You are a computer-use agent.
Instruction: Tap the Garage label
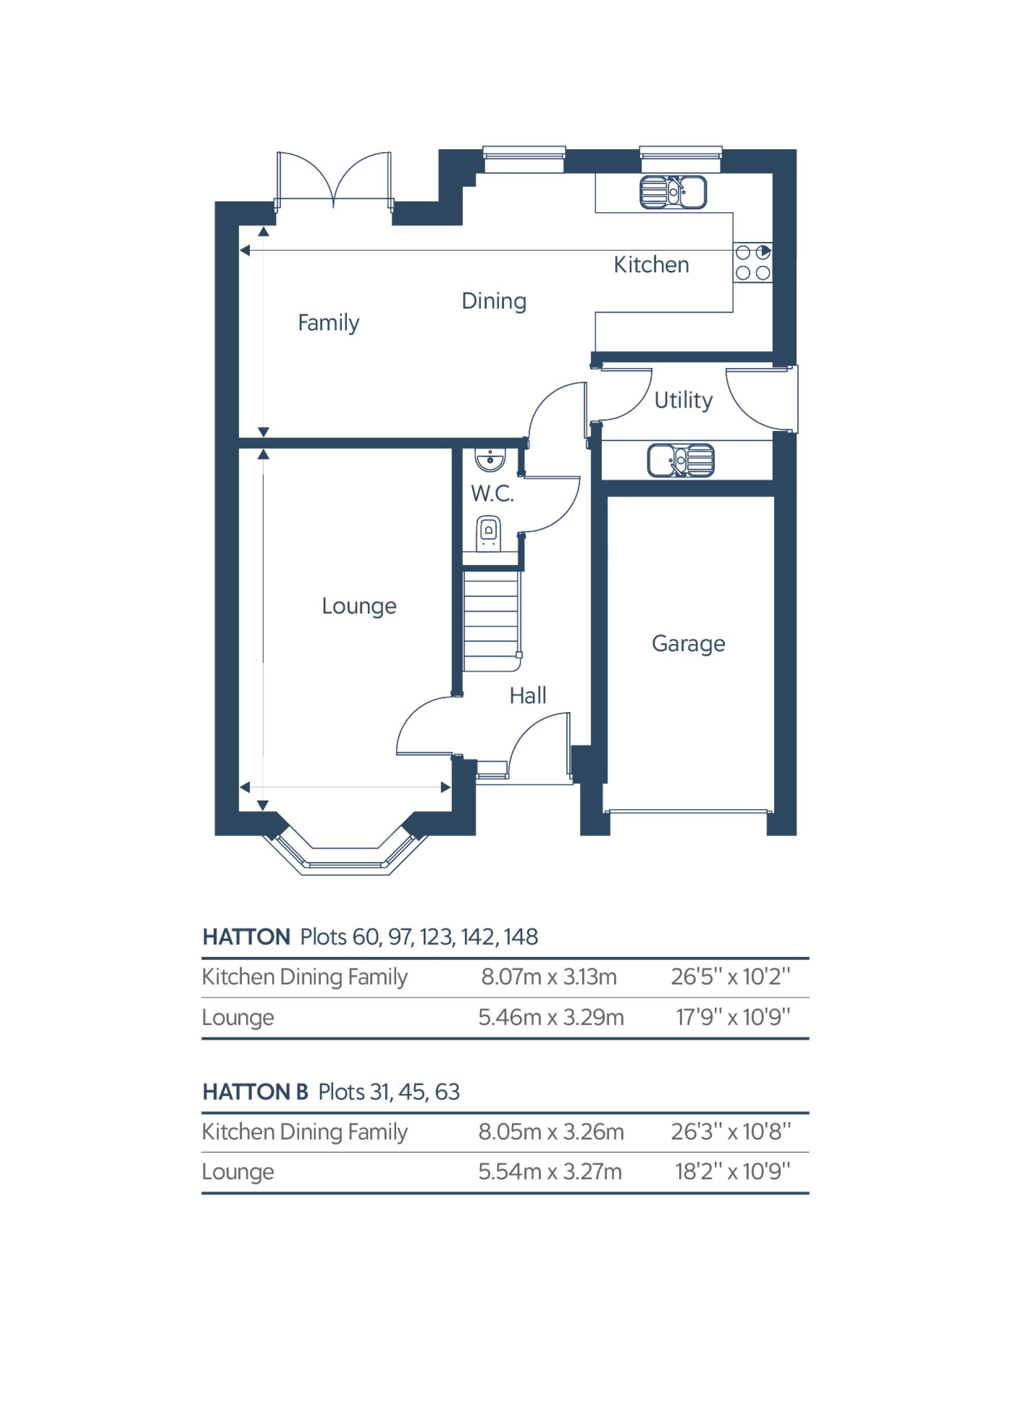(688, 644)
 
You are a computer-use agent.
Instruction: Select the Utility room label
(683, 400)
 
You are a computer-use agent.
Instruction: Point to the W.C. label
(492, 494)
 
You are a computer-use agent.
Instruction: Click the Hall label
(527, 695)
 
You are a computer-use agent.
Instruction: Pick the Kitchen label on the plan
(651, 265)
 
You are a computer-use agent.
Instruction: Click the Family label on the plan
(329, 323)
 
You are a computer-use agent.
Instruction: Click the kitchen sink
(673, 192)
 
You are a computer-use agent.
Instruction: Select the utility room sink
(681, 460)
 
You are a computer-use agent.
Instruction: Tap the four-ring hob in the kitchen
(752, 262)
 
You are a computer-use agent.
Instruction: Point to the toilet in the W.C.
(489, 533)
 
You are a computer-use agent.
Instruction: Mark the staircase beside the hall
(491, 622)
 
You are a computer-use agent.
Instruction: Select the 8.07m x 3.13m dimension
(549, 976)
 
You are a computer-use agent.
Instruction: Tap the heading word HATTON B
(255, 1092)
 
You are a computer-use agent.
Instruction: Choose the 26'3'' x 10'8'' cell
(731, 1131)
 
